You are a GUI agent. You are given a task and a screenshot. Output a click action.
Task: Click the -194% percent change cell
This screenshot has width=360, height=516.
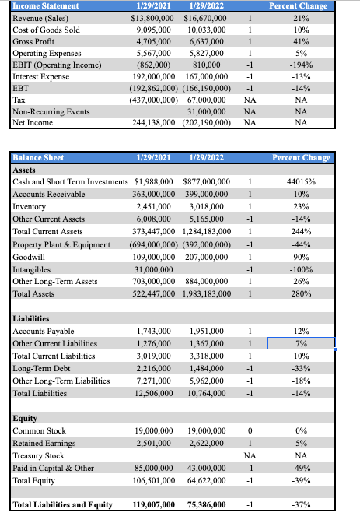301,65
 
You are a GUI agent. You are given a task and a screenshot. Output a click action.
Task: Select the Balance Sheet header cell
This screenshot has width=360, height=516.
39,157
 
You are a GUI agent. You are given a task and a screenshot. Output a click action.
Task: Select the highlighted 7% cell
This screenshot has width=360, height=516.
301,343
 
